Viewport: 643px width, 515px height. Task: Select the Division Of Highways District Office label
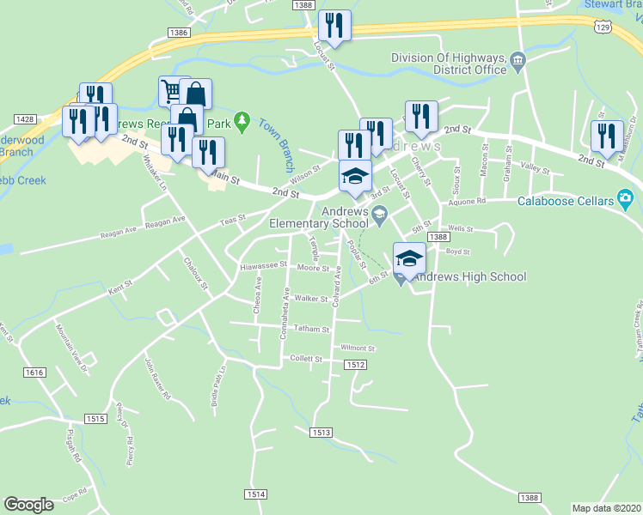(449, 64)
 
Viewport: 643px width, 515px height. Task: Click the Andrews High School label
(470, 276)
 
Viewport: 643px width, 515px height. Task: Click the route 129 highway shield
(604, 27)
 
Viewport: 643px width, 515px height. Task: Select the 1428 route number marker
(24, 119)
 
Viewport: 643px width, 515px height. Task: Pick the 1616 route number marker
(34, 372)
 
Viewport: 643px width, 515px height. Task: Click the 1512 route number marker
(358, 365)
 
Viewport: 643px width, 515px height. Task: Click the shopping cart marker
(172, 90)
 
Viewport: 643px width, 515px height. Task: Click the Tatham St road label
(311, 329)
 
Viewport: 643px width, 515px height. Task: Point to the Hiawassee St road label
(262, 266)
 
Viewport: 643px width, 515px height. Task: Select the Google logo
(28, 505)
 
